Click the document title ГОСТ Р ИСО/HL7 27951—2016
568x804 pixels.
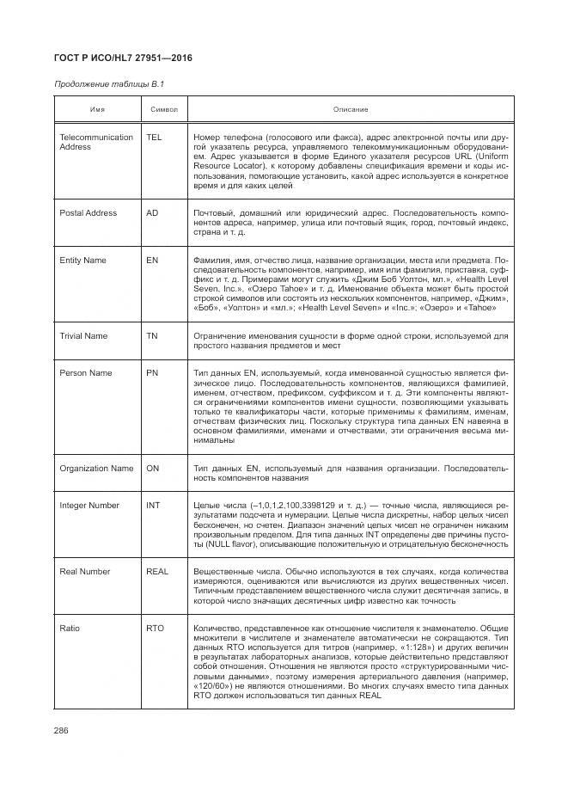click(123, 58)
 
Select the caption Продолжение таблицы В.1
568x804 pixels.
click(108, 84)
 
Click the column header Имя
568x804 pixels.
click(98, 109)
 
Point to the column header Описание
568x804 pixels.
click(351, 109)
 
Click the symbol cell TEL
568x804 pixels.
click(154, 138)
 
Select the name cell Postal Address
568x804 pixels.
click(88, 212)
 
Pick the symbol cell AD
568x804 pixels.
click(152, 212)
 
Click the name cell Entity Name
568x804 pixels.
click(82, 260)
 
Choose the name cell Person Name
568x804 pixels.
click(85, 373)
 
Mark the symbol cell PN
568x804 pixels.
click(152, 373)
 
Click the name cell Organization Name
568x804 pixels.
click(96, 469)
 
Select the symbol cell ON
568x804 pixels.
click(152, 469)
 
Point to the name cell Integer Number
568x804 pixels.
click(89, 506)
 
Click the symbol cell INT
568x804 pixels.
click(153, 506)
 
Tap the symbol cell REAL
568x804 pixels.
click(157, 572)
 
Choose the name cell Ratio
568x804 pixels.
click(69, 629)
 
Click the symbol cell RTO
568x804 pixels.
click(155, 629)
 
